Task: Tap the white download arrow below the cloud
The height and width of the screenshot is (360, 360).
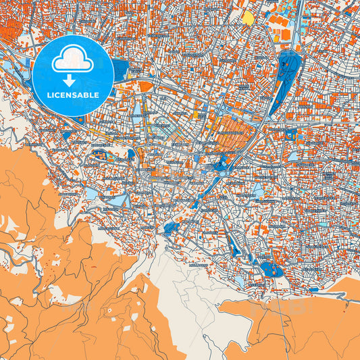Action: [69, 79]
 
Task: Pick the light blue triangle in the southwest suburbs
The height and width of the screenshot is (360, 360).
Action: [117, 201]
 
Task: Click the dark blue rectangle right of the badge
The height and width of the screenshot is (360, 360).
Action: [122, 70]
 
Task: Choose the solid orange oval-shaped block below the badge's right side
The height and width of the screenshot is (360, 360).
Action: [145, 86]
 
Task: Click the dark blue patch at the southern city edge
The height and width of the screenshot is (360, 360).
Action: [173, 229]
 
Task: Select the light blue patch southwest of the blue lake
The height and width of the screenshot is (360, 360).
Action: [240, 280]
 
